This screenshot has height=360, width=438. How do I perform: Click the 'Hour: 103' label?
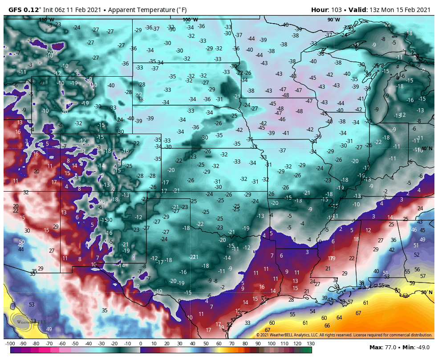point(328,9)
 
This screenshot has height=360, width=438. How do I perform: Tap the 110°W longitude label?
point(46,20)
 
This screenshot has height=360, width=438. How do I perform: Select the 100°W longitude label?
point(190,20)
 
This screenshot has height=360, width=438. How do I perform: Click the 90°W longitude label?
point(333,20)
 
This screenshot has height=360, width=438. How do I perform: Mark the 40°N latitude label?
point(426,148)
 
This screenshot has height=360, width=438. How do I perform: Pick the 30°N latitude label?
point(426,292)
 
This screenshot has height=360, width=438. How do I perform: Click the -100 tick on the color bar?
point(10,344)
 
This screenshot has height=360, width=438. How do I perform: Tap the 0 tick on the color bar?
point(141,344)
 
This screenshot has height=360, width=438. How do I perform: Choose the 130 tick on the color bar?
point(310,344)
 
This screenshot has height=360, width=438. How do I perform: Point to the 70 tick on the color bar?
point(232,344)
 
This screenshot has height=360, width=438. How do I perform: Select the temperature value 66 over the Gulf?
point(327,326)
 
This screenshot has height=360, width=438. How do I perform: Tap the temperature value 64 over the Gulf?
point(339,318)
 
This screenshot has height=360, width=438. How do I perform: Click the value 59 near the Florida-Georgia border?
point(412,283)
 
